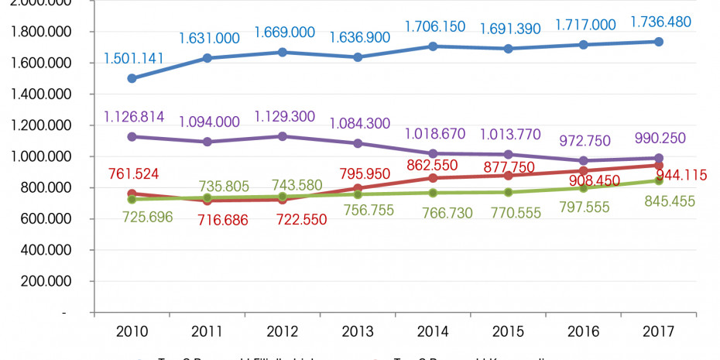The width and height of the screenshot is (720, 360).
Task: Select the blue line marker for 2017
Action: [658, 42]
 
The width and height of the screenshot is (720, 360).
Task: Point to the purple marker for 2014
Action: [433, 154]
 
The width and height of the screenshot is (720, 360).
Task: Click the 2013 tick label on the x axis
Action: [357, 331]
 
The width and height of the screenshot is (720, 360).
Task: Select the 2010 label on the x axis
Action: [132, 331]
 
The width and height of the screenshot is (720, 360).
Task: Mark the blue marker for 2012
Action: [282, 53]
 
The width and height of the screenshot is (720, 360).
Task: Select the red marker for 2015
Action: [508, 175]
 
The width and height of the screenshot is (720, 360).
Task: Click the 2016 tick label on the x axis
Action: [583, 331]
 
